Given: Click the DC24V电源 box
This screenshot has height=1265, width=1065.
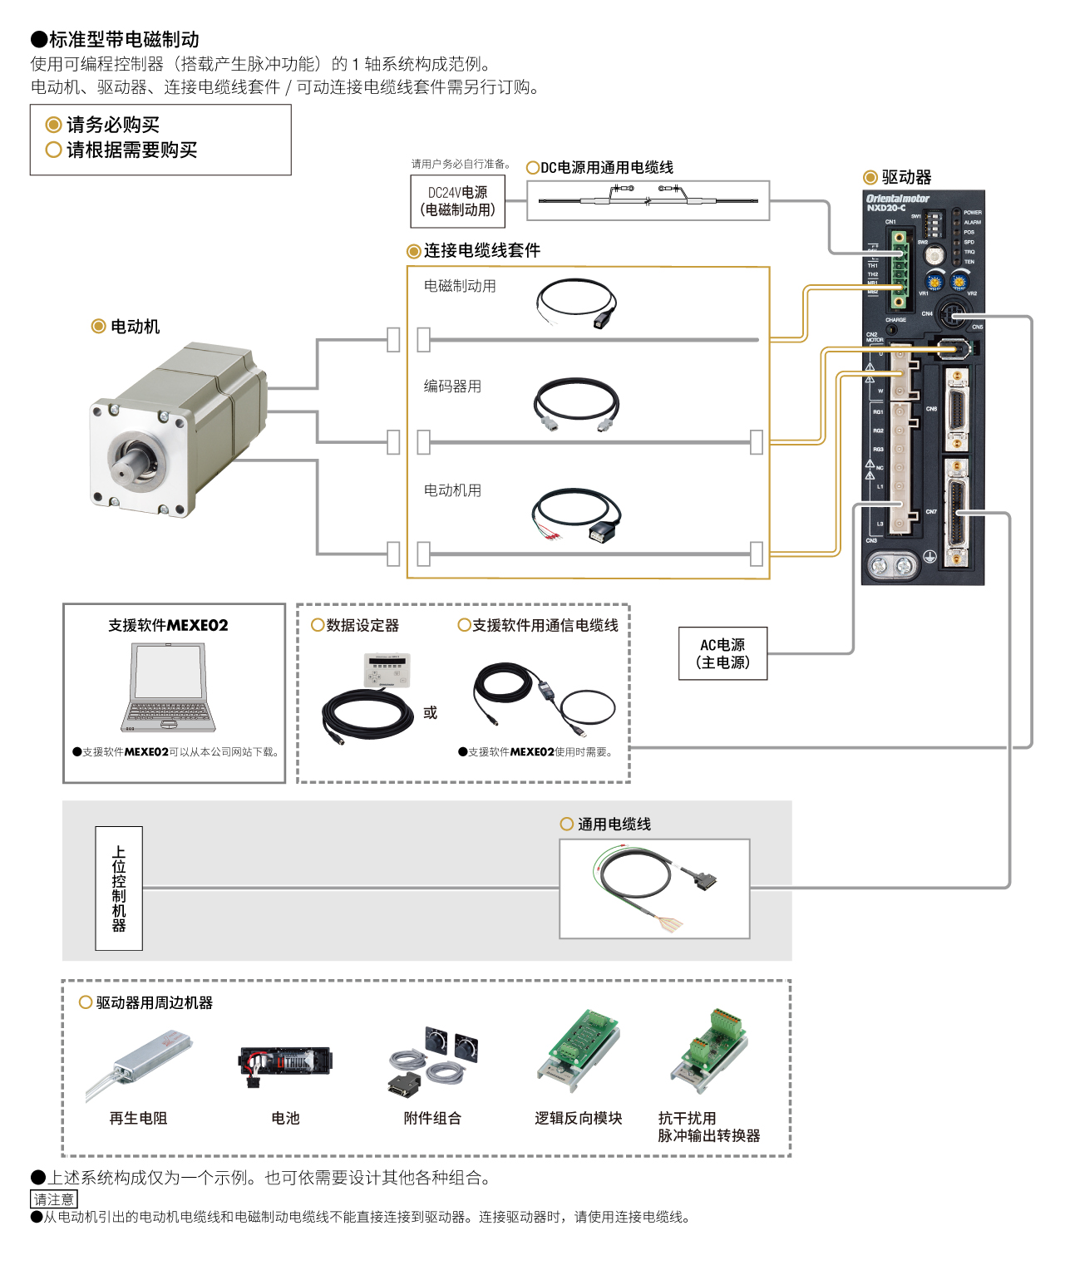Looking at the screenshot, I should click(x=457, y=201).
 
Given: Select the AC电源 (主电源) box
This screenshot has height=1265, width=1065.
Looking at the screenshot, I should click(x=722, y=653).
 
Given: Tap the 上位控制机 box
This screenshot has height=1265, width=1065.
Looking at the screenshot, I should click(x=119, y=888).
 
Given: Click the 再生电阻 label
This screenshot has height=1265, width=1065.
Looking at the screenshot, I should click(x=138, y=1118).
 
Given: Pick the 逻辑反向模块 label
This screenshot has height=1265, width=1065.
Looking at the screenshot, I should click(x=578, y=1118).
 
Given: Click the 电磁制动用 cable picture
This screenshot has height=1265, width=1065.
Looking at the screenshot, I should click(x=577, y=304).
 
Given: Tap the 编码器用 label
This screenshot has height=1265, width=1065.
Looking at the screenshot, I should click(x=452, y=386).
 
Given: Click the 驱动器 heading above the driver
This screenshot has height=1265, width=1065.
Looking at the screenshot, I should click(x=906, y=177).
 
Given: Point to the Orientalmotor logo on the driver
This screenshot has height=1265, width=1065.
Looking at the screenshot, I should click(x=897, y=199).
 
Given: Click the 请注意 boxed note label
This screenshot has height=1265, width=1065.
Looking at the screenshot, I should click(x=54, y=1199).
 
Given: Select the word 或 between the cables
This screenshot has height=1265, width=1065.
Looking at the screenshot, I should click(x=430, y=713).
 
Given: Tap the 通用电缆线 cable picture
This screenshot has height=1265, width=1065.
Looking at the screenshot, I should click(x=654, y=888).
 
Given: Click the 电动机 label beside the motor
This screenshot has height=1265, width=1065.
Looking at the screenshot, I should click(x=135, y=327).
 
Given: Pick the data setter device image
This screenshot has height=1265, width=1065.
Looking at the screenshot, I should click(x=387, y=671).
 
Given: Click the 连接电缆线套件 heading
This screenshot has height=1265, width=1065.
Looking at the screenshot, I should click(x=481, y=250).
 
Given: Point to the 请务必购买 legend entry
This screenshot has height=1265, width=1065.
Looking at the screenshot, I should click(x=112, y=125).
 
